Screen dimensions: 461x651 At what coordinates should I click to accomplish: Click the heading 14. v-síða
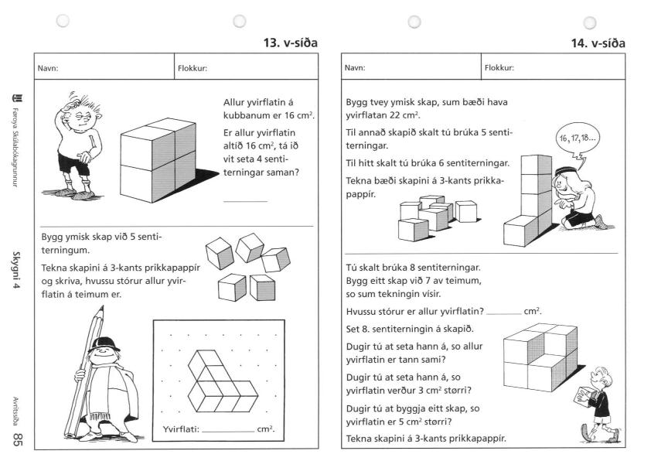[x=598, y=43]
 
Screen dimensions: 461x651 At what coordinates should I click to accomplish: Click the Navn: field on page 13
[x=104, y=67]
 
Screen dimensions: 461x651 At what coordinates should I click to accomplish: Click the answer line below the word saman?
[x=245, y=201]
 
